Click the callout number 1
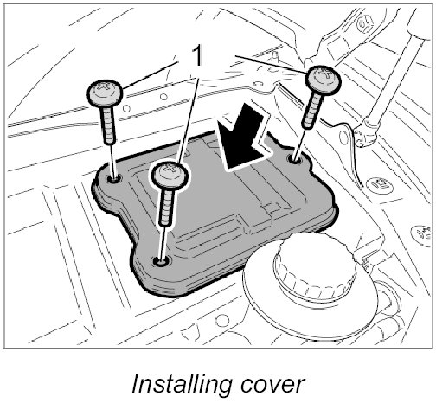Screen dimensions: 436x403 tap(197, 56)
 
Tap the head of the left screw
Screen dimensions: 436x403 tap(105, 93)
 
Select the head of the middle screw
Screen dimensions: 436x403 tap(170, 175)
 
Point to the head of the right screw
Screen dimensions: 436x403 tap(323, 80)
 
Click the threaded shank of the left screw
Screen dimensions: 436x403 tap(108, 125)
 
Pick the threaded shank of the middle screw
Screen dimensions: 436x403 tap(166, 207)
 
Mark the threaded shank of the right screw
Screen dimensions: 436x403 tap(313, 110)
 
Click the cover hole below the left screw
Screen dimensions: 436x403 tap(114, 179)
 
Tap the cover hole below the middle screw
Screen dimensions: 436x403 tap(162, 261)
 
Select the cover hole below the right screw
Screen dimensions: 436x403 tap(295, 158)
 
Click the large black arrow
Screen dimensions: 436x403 tap(242, 138)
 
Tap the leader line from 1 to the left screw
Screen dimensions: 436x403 tap(150, 74)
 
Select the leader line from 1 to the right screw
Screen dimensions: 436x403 tap(272, 64)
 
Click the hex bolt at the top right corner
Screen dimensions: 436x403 tap(365, 24)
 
